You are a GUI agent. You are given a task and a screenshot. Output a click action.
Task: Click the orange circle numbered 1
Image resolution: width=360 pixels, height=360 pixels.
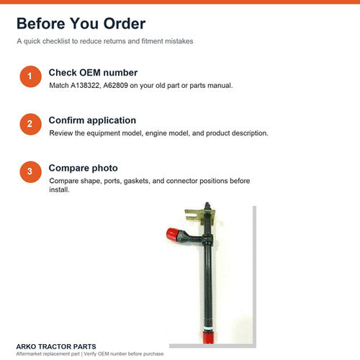click(30, 76)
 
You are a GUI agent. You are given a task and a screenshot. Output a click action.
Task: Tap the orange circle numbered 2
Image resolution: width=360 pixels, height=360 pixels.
click(30, 124)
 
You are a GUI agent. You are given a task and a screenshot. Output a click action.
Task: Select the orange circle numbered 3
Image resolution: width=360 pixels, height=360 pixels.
click(30, 172)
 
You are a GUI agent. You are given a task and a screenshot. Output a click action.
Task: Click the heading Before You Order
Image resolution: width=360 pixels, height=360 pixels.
click(81, 24)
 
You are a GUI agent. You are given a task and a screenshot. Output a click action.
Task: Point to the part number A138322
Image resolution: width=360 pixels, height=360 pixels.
click(85, 86)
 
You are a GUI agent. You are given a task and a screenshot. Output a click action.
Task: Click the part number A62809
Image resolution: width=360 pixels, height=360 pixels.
click(115, 86)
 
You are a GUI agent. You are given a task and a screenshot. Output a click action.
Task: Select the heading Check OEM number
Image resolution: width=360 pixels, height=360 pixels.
click(93, 73)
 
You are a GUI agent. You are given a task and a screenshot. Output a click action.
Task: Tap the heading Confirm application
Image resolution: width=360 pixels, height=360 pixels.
click(92, 120)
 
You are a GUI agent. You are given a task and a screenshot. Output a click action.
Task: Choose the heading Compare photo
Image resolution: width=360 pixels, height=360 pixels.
click(83, 168)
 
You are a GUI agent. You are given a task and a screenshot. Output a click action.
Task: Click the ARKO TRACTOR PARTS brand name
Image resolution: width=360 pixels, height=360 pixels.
click(56, 346)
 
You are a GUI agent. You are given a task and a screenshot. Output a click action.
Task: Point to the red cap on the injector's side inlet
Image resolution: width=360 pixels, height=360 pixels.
click(172, 235)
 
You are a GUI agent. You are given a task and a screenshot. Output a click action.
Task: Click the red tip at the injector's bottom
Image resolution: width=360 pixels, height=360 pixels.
click(208, 337)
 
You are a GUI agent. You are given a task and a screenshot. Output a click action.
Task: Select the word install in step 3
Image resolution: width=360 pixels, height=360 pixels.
click(59, 190)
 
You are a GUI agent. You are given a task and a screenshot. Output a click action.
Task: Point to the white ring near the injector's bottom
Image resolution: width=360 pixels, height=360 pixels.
click(208, 328)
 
